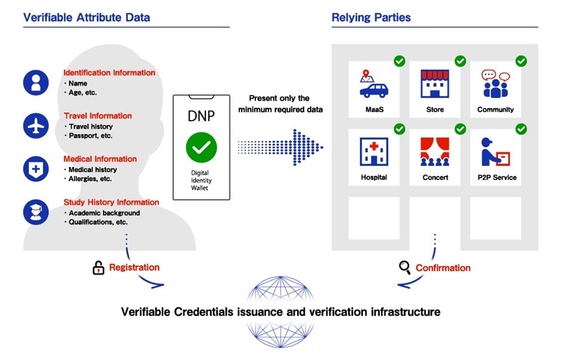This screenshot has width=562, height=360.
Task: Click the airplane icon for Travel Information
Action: click(36, 126)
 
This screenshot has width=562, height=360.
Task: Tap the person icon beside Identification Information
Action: click(36, 82)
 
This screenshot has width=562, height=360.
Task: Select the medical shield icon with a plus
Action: click(36, 169)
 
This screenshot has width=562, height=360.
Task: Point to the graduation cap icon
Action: click(36, 212)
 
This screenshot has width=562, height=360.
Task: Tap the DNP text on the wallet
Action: click(202, 116)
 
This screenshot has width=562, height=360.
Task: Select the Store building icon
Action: click(435, 84)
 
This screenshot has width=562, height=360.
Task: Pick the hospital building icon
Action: click(374, 152)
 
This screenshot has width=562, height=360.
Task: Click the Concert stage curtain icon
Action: click(435, 152)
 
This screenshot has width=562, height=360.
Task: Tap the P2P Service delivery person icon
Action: click(495, 152)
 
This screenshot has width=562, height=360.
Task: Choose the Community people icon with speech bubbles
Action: click(495, 84)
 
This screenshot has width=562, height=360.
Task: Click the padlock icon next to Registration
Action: click(98, 268)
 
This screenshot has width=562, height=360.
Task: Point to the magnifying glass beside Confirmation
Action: click(405, 268)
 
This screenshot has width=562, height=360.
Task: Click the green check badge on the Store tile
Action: click(460, 61)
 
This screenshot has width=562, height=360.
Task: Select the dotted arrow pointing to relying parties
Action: click(281, 147)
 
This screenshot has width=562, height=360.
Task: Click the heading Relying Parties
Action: click(371, 17)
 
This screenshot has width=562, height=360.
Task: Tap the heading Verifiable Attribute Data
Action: click(87, 17)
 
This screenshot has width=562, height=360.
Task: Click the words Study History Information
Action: click(111, 202)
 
